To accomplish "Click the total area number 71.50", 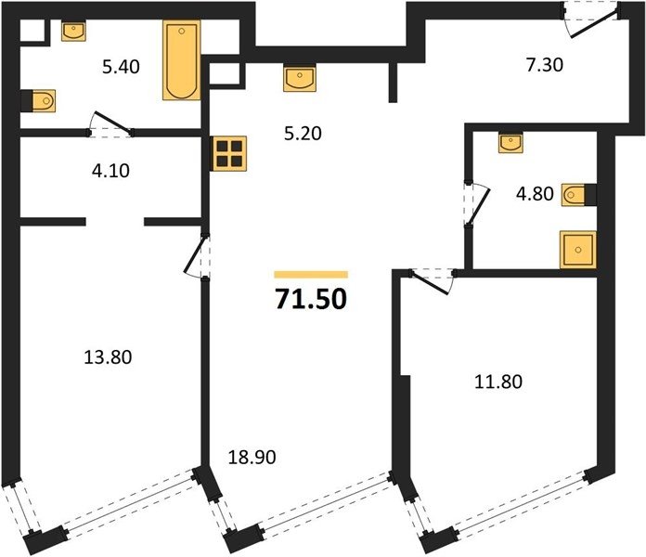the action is point(311,299).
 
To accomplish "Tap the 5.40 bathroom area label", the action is point(121,67).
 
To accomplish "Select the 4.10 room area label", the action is point(110,171).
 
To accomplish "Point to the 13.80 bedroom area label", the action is point(108,357).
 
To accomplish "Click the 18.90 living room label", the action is point(252,458).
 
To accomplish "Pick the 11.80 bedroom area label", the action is point(498,382).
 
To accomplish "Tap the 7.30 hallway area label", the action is point(545,65).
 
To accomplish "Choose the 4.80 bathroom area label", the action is point(535,194).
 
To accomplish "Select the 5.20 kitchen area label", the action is point(303,134).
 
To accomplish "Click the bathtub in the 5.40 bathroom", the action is point(182,60).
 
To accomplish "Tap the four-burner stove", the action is point(229,153).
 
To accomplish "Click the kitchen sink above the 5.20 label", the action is point(300,78).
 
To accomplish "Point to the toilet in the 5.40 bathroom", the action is point(39,100).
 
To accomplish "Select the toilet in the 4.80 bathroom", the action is point(578,195).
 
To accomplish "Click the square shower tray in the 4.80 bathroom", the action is point(578,250).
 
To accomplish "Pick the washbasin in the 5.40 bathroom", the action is point(73,32).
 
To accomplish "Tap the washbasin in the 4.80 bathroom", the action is point(510,143).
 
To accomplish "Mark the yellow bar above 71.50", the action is point(311,275).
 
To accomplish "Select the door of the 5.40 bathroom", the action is point(111,123).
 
